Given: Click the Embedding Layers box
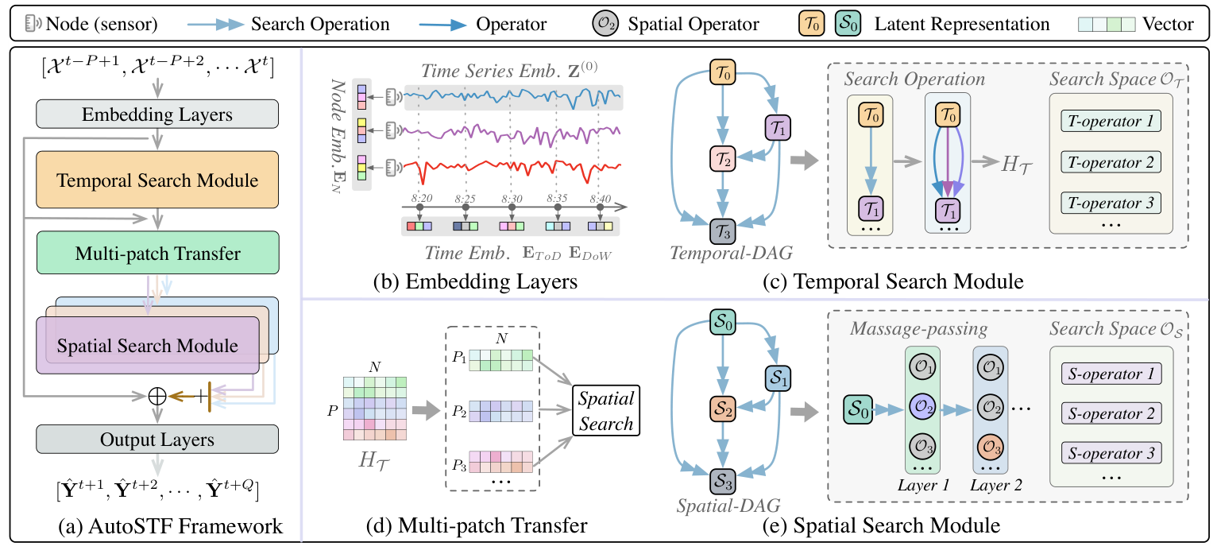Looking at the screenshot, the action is [157, 114].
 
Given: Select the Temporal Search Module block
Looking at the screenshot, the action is [157, 180].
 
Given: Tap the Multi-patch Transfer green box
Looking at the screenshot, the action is [157, 253].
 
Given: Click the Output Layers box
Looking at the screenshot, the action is [157, 440].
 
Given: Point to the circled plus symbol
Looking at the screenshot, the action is [157, 397].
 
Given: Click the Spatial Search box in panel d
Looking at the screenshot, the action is [606, 411].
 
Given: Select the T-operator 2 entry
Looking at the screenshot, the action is [1111, 162].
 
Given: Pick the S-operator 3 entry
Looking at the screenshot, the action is [1111, 453].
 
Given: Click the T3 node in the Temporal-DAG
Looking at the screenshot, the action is [723, 231].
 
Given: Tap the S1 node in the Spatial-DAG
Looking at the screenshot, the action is [778, 378].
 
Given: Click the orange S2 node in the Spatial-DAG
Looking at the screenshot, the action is [723, 409].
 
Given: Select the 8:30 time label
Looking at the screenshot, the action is [512, 199].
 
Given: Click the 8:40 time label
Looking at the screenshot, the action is [601, 199].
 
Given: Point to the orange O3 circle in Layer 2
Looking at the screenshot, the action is [990, 447].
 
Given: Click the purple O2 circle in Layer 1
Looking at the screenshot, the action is [922, 407].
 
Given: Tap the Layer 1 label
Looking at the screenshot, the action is [923, 485].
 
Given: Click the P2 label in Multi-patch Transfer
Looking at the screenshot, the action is [459, 411].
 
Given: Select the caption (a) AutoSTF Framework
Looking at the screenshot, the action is [171, 526].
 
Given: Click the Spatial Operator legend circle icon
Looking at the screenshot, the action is [605, 24].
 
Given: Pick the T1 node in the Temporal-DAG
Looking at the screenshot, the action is [778, 128].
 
